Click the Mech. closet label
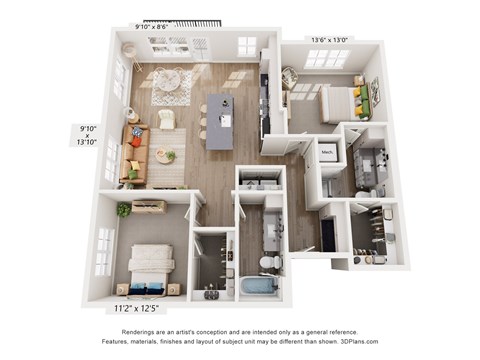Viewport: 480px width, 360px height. pyautogui.click(x=327, y=153)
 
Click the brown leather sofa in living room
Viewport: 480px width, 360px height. pyautogui.click(x=135, y=155)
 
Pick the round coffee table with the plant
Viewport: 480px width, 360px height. pyautogui.click(x=165, y=156)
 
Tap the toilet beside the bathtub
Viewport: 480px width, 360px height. pyautogui.click(x=268, y=261)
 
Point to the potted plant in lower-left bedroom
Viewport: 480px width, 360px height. pyautogui.click(x=124, y=209)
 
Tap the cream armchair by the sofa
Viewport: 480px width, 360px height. pyautogui.click(x=166, y=120)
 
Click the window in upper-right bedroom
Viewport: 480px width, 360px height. pyautogui.click(x=326, y=58)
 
